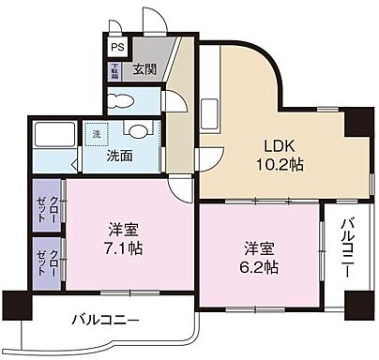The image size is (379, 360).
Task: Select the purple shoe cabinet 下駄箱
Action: (114, 69)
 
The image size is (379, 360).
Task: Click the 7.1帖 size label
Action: (118, 248)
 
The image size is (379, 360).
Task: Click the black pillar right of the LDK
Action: (357, 122)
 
